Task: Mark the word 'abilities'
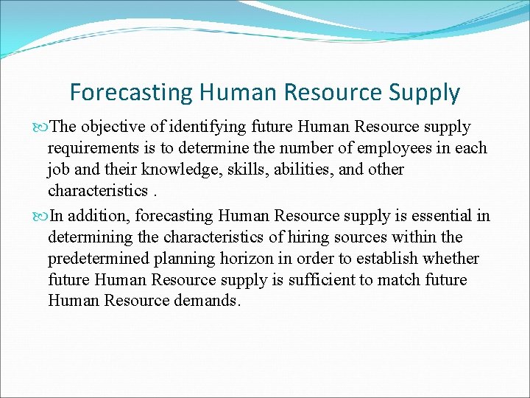[297, 170]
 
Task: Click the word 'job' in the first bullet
[59, 170]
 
